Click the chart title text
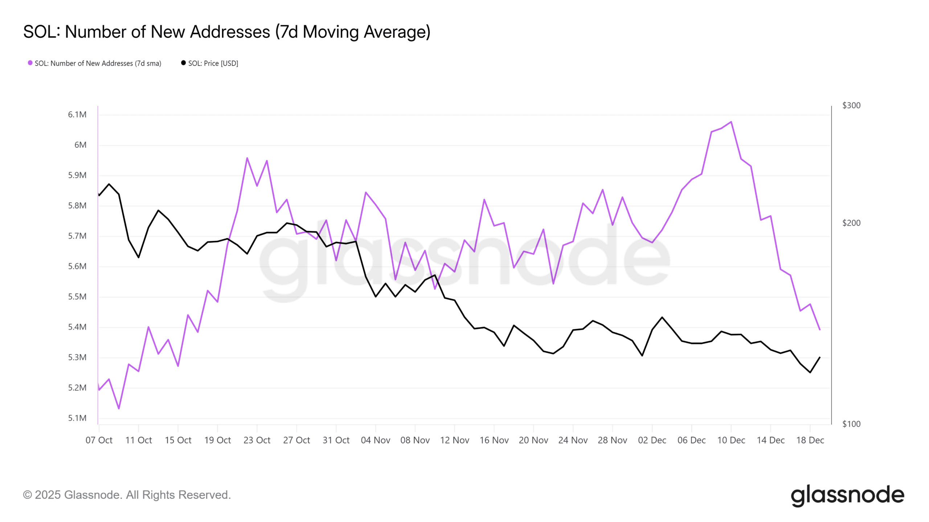227,32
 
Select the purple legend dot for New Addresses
30,63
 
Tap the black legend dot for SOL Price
183,63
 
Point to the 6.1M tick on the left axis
77,115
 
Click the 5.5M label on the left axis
77,297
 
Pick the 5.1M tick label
77,418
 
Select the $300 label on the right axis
851,105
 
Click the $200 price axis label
851,223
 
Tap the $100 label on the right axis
851,424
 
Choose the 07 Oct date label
99,440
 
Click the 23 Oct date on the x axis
257,440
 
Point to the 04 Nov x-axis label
375,440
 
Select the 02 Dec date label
652,440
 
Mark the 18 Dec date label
810,440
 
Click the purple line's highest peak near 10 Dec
731,122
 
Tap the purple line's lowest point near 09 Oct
119,409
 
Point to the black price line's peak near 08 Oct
109,184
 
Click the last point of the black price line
820,357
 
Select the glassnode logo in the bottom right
847,495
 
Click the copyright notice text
127,495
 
